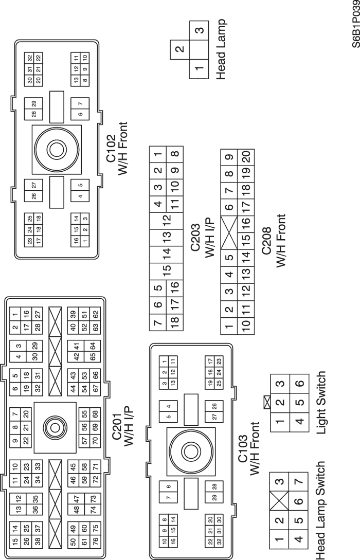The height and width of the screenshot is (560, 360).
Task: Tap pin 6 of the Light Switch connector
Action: [300, 382]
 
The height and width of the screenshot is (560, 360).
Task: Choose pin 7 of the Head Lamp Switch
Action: [300, 482]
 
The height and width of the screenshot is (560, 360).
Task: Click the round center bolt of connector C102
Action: [55, 149]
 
